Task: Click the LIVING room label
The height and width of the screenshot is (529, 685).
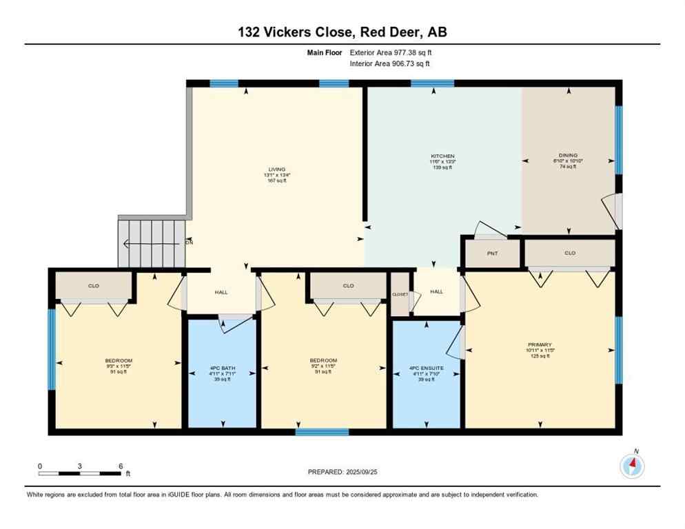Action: (277, 169)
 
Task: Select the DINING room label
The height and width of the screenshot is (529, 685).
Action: (568, 156)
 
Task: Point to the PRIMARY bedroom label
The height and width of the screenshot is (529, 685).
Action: (540, 344)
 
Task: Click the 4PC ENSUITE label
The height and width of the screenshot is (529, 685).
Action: (426, 369)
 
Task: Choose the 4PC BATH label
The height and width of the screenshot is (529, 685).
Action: (223, 369)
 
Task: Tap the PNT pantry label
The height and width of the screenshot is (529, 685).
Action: (492, 253)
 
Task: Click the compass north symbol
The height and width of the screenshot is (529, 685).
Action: (632, 466)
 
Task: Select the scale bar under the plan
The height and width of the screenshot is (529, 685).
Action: (80, 473)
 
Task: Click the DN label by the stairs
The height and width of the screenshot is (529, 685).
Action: (189, 242)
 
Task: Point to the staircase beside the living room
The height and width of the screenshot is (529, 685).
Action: (152, 242)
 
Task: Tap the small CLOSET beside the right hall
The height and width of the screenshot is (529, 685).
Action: (400, 295)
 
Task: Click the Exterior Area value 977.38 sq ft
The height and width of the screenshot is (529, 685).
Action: (411, 52)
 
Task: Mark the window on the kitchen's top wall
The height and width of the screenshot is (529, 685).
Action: (432, 83)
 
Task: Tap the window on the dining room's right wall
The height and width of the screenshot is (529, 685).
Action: (618, 140)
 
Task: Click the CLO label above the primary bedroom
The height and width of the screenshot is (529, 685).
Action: (569, 253)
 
